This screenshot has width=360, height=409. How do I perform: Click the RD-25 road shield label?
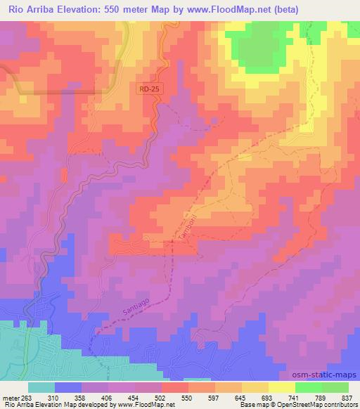click(x=148, y=89)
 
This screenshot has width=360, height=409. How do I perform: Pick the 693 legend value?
click(x=266, y=397)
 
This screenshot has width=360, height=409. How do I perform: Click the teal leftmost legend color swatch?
click(x=41, y=387)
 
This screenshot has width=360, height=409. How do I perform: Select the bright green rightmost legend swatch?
click(x=335, y=387)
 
